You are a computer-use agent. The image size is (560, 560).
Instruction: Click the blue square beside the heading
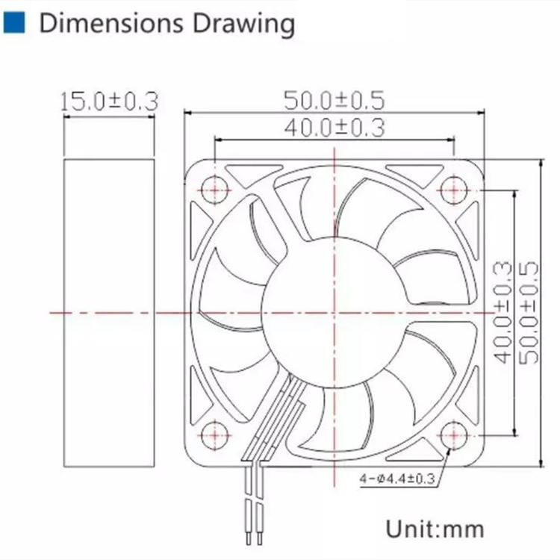point(14,22)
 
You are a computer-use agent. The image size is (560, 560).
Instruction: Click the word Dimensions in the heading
point(111,24)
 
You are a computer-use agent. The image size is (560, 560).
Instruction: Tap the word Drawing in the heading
point(244,25)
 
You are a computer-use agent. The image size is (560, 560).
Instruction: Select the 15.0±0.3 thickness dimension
point(109,102)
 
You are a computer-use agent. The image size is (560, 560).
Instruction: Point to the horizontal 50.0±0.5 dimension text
point(335,100)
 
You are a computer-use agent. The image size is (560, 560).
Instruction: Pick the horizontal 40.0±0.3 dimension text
point(335,128)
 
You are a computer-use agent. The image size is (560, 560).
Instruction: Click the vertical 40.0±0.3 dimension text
point(503,313)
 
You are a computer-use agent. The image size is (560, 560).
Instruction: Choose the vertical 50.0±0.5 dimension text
point(528,313)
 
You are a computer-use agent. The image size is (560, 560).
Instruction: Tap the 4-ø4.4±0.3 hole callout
point(397,478)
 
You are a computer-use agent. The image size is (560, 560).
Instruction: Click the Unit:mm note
point(435,529)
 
